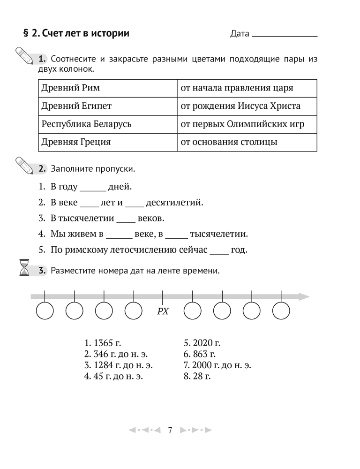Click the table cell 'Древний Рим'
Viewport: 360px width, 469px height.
pyautogui.click(x=108, y=88)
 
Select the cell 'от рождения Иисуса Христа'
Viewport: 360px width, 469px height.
pyautogui.click(x=247, y=106)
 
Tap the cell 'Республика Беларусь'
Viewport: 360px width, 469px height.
pyautogui.click(x=108, y=124)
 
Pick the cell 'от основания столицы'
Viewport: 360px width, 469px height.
pyautogui.click(x=247, y=142)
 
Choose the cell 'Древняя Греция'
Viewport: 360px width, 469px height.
pyautogui.click(x=108, y=142)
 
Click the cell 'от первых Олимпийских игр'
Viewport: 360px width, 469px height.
pyautogui.click(x=247, y=124)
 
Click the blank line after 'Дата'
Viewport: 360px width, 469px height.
pyautogui.click(x=285, y=34)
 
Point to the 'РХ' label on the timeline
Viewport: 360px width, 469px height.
pyautogui.click(x=162, y=311)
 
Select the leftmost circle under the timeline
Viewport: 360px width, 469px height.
pyautogui.click(x=45, y=310)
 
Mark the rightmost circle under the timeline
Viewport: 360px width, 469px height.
pyautogui.click(x=281, y=310)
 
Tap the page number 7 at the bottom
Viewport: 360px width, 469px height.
pyautogui.click(x=170, y=430)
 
